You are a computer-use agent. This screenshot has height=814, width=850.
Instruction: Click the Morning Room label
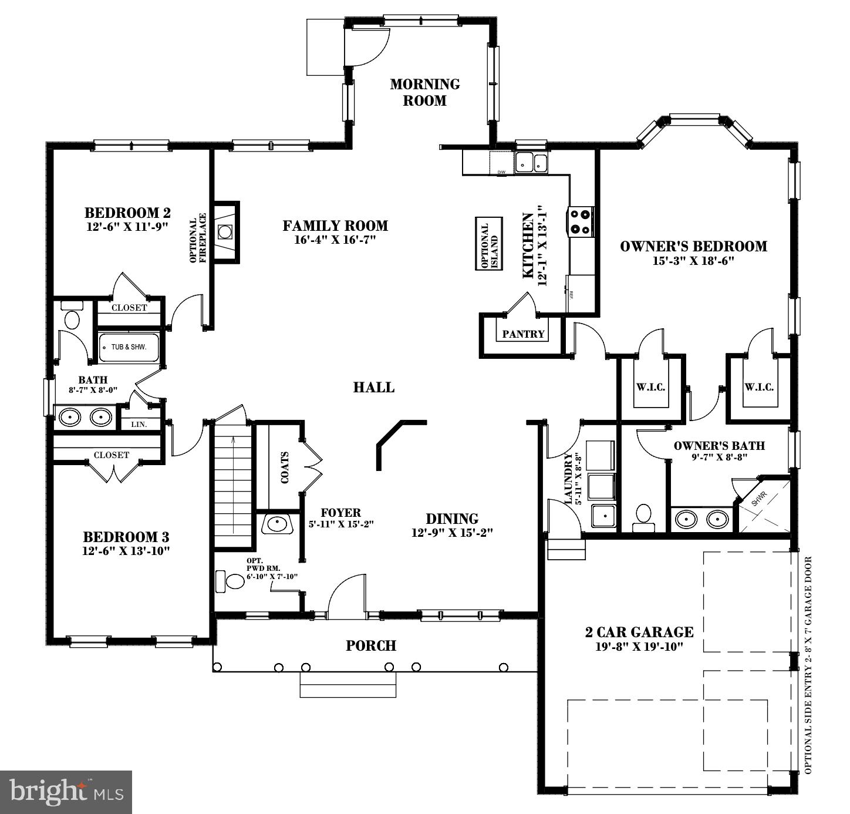(x=425, y=92)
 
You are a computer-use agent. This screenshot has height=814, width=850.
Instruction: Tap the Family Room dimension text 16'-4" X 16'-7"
(x=335, y=240)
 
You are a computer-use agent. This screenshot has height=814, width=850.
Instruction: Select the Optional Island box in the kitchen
(x=489, y=243)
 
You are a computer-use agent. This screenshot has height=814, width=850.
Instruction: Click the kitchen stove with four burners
(x=580, y=221)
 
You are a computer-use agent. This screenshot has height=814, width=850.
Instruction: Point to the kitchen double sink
(x=531, y=163)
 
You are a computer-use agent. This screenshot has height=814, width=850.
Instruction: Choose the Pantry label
(x=524, y=334)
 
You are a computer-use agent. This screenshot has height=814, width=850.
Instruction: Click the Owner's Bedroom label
(x=693, y=246)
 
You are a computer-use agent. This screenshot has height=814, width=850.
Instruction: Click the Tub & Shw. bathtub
(x=129, y=347)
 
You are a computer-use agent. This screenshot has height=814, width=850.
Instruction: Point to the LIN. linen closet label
(x=139, y=424)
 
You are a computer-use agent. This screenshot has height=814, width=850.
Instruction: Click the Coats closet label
(x=285, y=467)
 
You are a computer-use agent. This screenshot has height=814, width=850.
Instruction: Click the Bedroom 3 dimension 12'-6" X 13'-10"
(x=126, y=551)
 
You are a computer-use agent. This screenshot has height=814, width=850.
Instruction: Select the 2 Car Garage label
(x=639, y=632)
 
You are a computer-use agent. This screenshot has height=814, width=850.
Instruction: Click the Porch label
(x=371, y=645)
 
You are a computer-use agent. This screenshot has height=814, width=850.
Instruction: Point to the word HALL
(x=374, y=387)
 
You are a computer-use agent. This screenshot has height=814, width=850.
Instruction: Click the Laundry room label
(x=568, y=478)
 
